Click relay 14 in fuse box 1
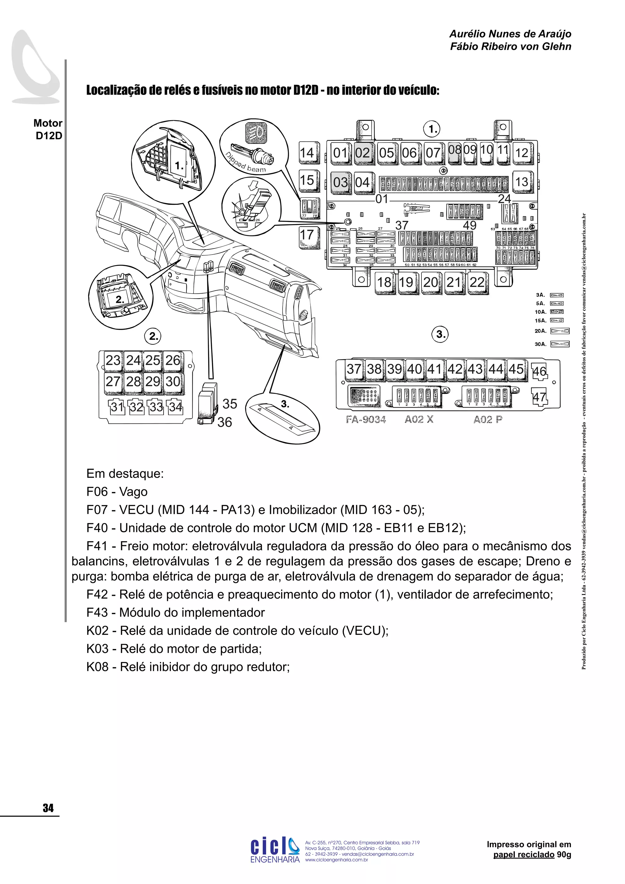307,153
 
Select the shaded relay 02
362,153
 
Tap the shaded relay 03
340,182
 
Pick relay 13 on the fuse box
522,182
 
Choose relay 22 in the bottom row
477,283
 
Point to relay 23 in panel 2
113,360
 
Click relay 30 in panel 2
173,382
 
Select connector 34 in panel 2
175,407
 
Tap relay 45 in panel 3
516,369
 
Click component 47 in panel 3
539,397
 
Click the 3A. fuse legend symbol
557,295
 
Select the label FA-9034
366,420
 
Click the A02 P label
488,420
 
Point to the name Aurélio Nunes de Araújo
510,34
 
